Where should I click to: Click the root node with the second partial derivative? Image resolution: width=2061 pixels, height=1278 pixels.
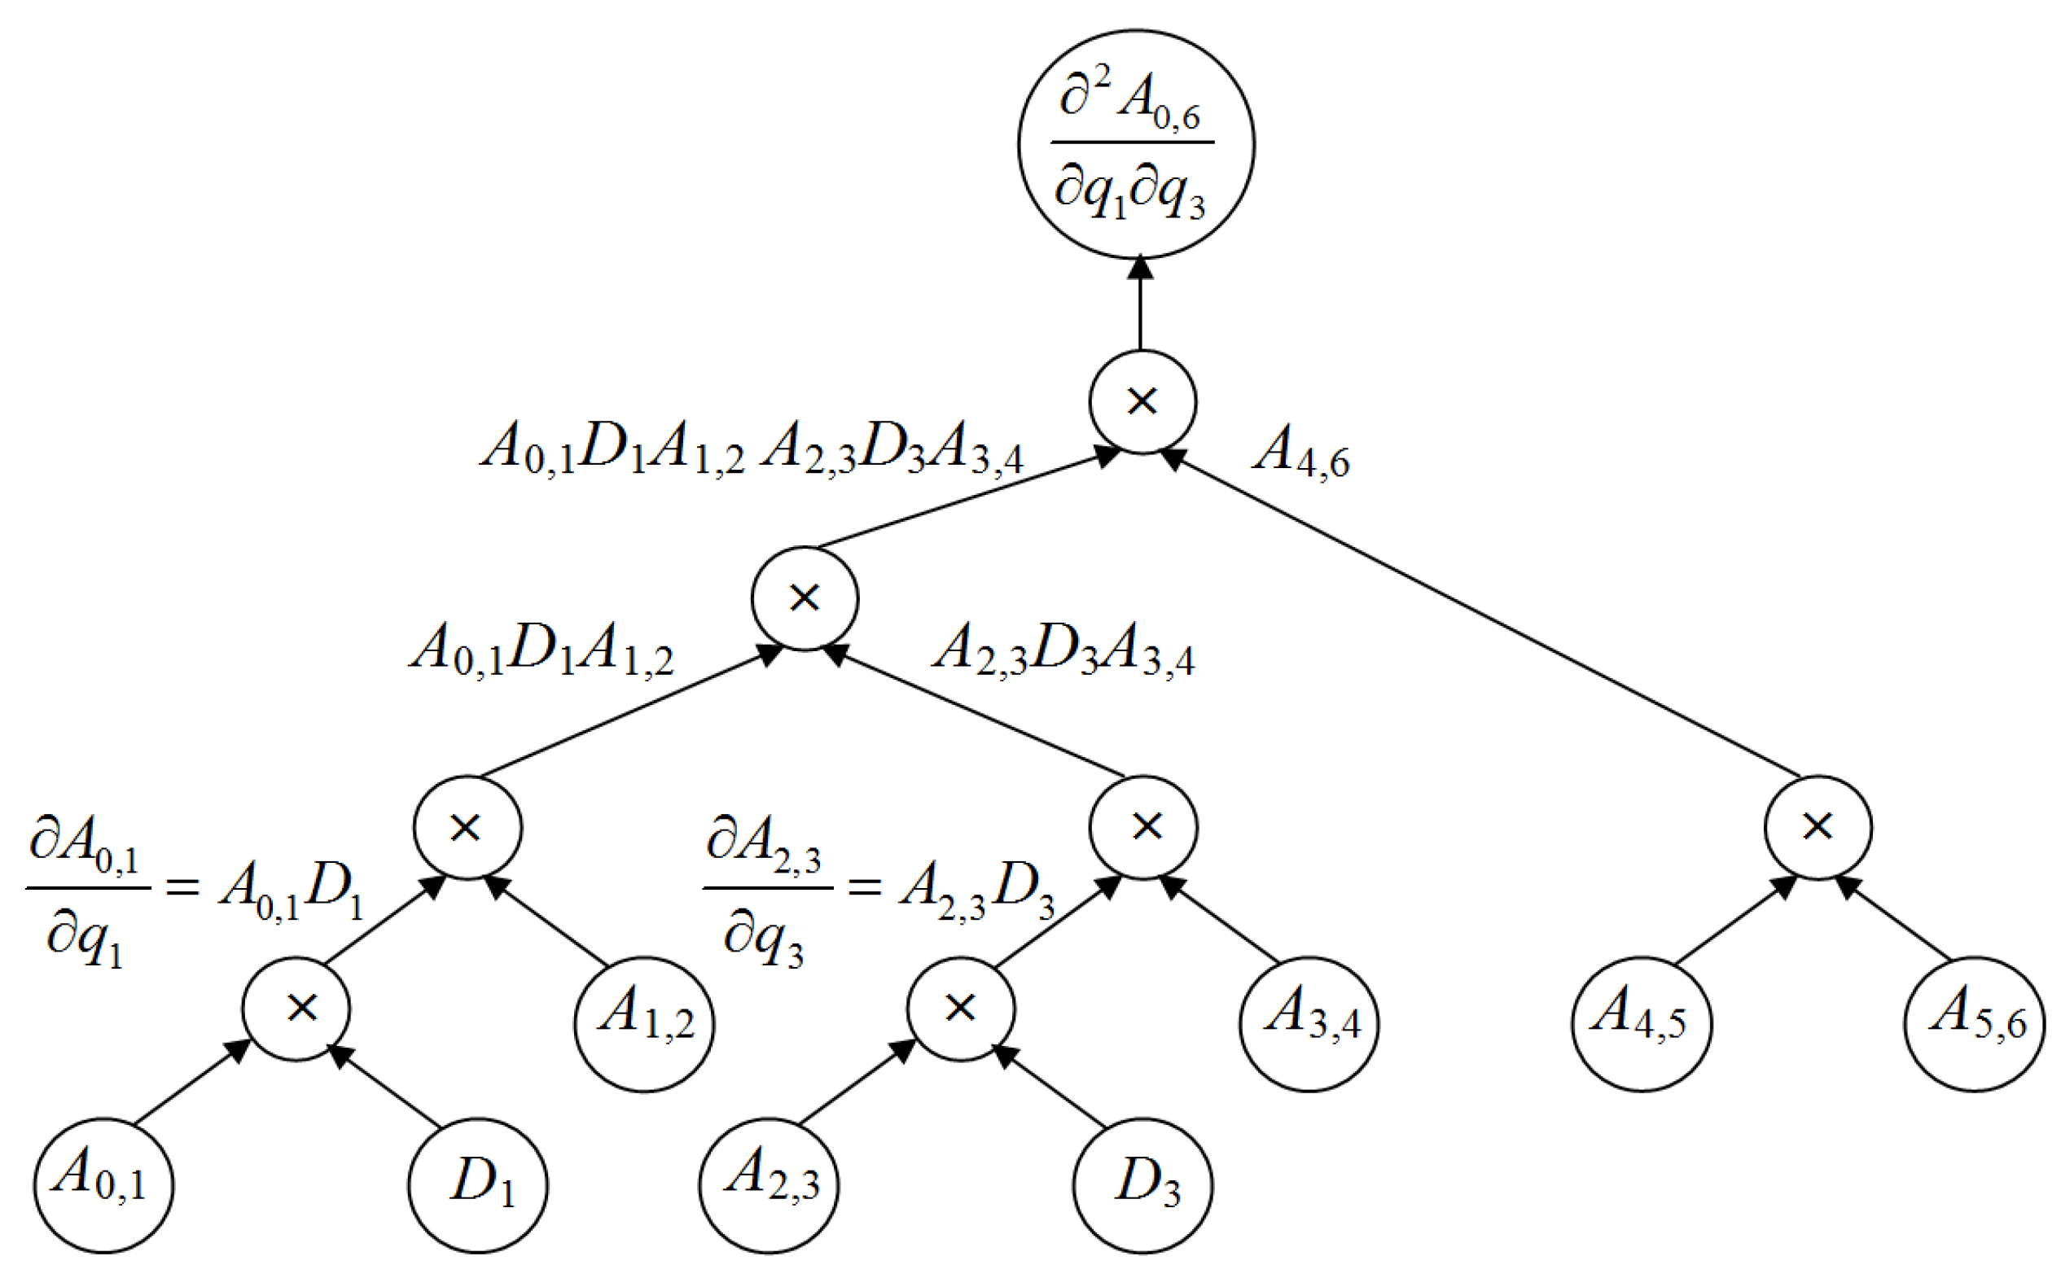(x=1135, y=145)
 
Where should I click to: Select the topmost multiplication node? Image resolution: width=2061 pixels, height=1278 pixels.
(x=1142, y=401)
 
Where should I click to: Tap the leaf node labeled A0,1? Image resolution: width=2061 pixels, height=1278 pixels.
(x=103, y=1184)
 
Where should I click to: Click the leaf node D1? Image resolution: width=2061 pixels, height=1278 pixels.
(x=478, y=1184)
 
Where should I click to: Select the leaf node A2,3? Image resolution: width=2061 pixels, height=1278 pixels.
(x=769, y=1184)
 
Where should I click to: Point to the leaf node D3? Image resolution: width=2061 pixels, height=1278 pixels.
(x=1143, y=1184)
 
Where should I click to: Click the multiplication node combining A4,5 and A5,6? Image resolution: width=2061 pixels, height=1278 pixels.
(x=1818, y=828)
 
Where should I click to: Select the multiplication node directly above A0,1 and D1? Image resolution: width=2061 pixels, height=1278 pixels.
(x=296, y=1009)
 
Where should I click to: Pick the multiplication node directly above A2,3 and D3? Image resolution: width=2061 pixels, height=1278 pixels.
(x=960, y=1009)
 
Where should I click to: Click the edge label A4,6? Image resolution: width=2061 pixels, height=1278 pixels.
(x=1301, y=453)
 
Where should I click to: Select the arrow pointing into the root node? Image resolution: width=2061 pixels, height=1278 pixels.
(x=1140, y=304)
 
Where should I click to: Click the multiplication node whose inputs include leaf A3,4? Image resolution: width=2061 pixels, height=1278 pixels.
(x=1143, y=828)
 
